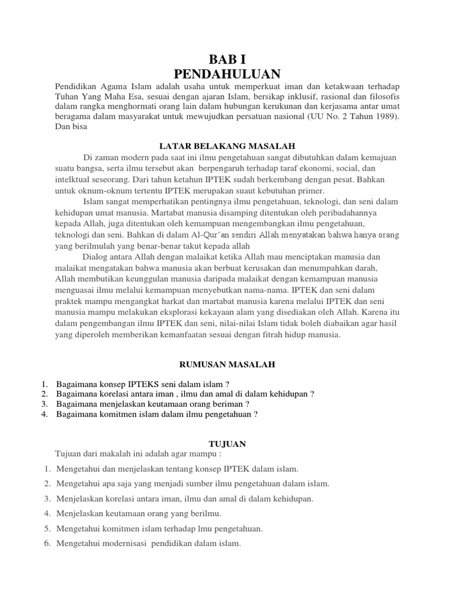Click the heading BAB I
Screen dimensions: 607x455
click(x=227, y=60)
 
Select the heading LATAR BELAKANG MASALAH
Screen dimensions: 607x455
click(x=228, y=145)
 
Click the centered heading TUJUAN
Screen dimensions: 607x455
click(x=227, y=443)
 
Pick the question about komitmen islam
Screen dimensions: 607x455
click(x=157, y=414)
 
